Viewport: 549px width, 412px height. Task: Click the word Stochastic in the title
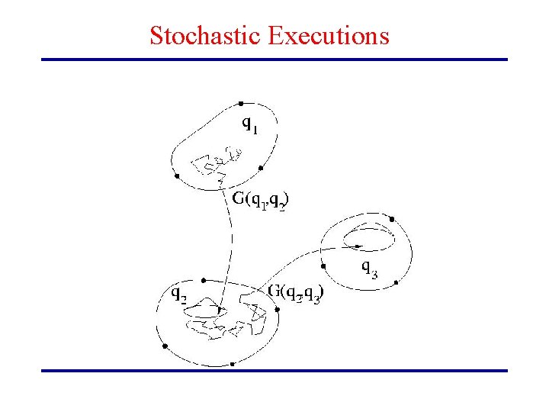pyautogui.click(x=205, y=36)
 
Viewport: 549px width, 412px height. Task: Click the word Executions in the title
pyautogui.click(x=329, y=36)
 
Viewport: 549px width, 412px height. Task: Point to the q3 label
pyautogui.click(x=368, y=268)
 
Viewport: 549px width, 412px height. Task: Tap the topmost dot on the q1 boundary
pyautogui.click(x=241, y=103)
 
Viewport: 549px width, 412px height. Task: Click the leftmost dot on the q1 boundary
pyautogui.click(x=176, y=175)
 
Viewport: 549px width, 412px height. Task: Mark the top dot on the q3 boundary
pyautogui.click(x=392, y=219)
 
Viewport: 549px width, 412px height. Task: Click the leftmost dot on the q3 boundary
pyautogui.click(x=324, y=266)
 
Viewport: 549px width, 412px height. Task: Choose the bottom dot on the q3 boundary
pyautogui.click(x=396, y=282)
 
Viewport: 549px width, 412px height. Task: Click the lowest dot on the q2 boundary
pyautogui.click(x=232, y=363)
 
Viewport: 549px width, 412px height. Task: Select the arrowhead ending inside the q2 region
pyautogui.click(x=220, y=311)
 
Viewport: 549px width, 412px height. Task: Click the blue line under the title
pyautogui.click(x=274, y=60)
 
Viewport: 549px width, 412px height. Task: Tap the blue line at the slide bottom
pyautogui.click(x=274, y=371)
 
